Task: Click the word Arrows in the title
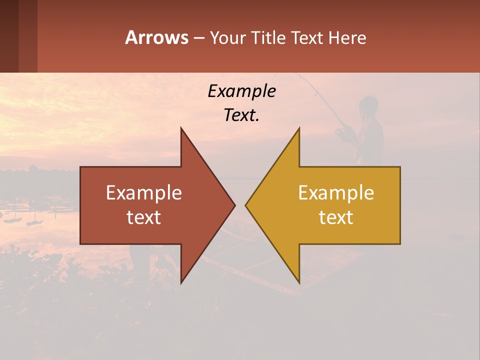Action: tap(156, 37)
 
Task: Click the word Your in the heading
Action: tap(226, 37)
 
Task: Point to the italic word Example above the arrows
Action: tap(241, 91)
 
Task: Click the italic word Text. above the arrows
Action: tap(241, 115)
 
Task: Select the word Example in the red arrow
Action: tap(144, 192)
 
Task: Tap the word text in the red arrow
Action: tap(144, 217)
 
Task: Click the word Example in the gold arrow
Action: tap(336, 192)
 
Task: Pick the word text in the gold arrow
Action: tap(336, 217)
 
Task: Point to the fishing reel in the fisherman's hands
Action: tap(342, 132)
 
